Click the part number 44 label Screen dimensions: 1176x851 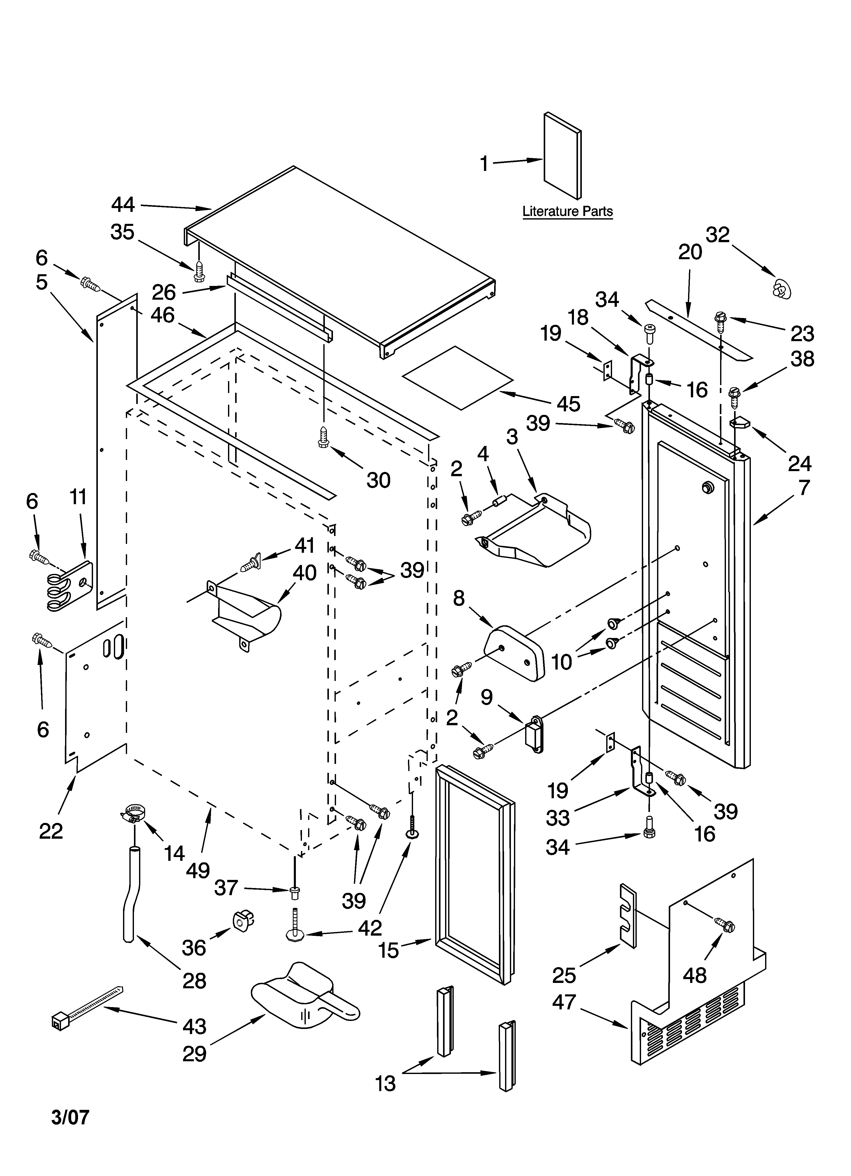click(x=123, y=205)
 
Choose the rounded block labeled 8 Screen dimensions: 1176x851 click(x=515, y=653)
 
